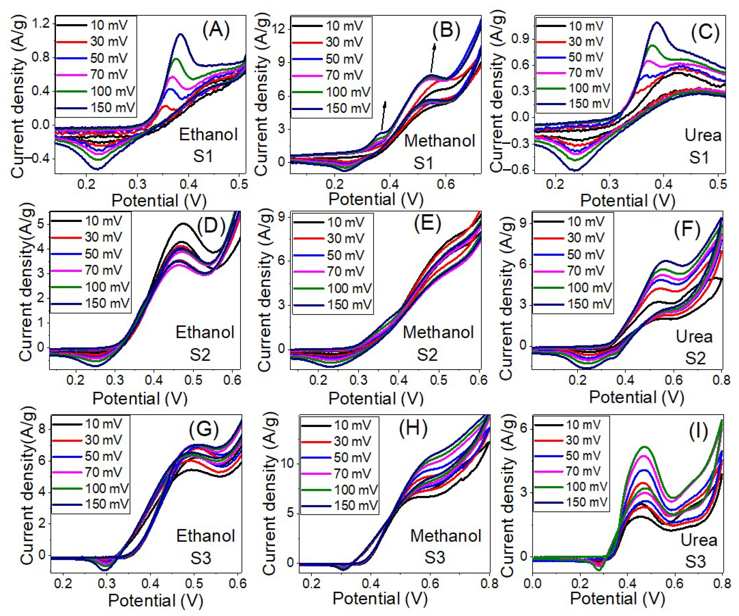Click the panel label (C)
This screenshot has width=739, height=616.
pyautogui.click(x=705, y=31)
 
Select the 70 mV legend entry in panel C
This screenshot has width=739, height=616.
pyautogui.click(x=586, y=73)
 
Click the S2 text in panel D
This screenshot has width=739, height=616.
pyautogui.click(x=200, y=355)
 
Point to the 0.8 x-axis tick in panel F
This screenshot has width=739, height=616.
pyautogui.click(x=720, y=381)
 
